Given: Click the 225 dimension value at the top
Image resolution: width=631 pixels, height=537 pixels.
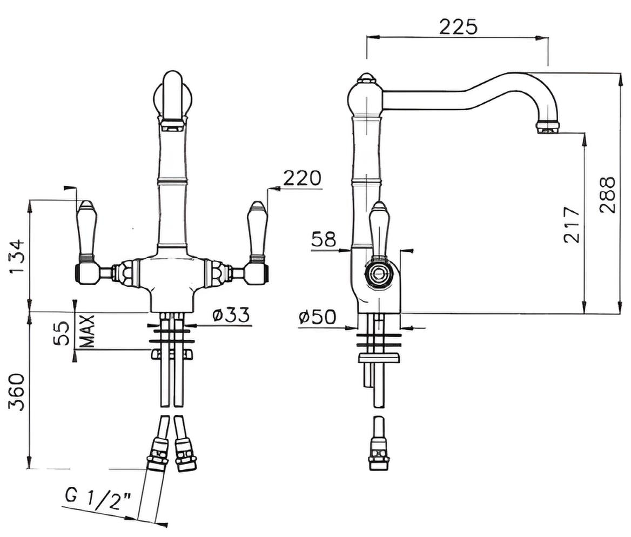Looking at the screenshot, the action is (x=458, y=27).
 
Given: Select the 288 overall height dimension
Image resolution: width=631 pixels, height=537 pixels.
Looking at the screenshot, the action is (x=607, y=195).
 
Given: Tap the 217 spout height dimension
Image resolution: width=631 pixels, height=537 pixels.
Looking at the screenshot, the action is (x=572, y=225).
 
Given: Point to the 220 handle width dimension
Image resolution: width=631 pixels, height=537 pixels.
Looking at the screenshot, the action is (x=303, y=178).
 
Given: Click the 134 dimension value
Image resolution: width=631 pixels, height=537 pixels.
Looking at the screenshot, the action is (x=17, y=257).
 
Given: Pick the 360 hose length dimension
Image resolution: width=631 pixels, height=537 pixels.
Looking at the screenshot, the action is (x=17, y=392).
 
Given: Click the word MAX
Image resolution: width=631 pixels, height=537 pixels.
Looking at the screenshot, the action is (x=87, y=331).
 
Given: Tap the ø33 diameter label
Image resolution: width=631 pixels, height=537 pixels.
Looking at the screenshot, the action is (x=231, y=314).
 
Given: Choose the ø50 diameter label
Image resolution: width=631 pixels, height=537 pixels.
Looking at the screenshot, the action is (x=317, y=317).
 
